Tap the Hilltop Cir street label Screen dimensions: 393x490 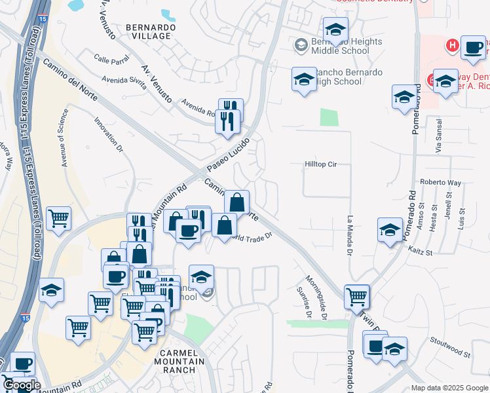pos(320,165)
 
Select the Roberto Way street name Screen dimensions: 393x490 pos(441,183)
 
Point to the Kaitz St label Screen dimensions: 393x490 pos(419,252)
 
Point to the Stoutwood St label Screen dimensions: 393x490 pos(450,346)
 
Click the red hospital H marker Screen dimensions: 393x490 pos(451,45)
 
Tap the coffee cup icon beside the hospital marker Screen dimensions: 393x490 pos(473,47)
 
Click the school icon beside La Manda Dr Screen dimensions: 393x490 pos(390,230)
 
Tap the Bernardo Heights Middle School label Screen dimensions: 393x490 pos(347,47)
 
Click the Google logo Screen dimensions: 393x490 pos(21,385)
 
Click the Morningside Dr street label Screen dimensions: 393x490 pos(321,297)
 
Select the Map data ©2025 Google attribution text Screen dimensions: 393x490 pos(449,388)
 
